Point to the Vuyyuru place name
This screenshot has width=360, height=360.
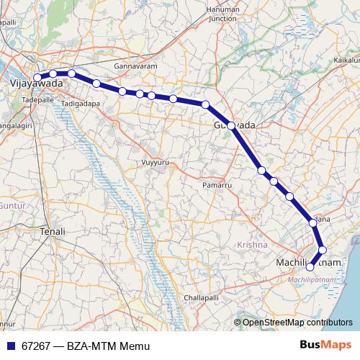pyautogui.click(x=155, y=162)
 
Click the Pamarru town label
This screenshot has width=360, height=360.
pyautogui.click(x=216, y=185)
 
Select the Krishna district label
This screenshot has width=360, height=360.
pyautogui.click(x=252, y=246)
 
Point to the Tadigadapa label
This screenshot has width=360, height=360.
pyautogui.click(x=81, y=104)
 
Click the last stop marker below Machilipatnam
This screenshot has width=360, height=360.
pyautogui.click(x=310, y=267)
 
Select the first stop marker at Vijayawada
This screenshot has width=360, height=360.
pyautogui.click(x=37, y=77)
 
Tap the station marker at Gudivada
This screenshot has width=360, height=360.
pyautogui.click(x=231, y=125)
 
